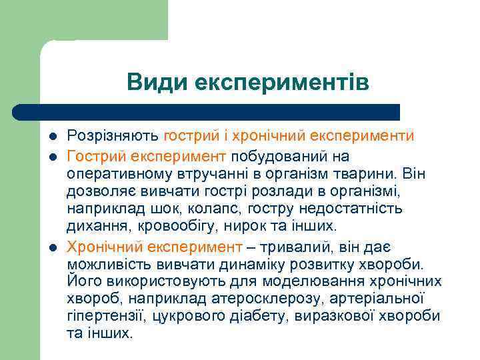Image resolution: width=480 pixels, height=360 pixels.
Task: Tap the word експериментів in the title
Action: (x=281, y=83)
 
